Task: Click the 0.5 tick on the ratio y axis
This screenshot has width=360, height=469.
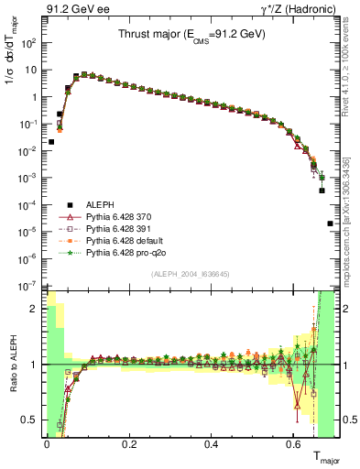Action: (x=32, y=420)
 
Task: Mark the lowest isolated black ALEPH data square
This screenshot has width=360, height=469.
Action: (x=330, y=224)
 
